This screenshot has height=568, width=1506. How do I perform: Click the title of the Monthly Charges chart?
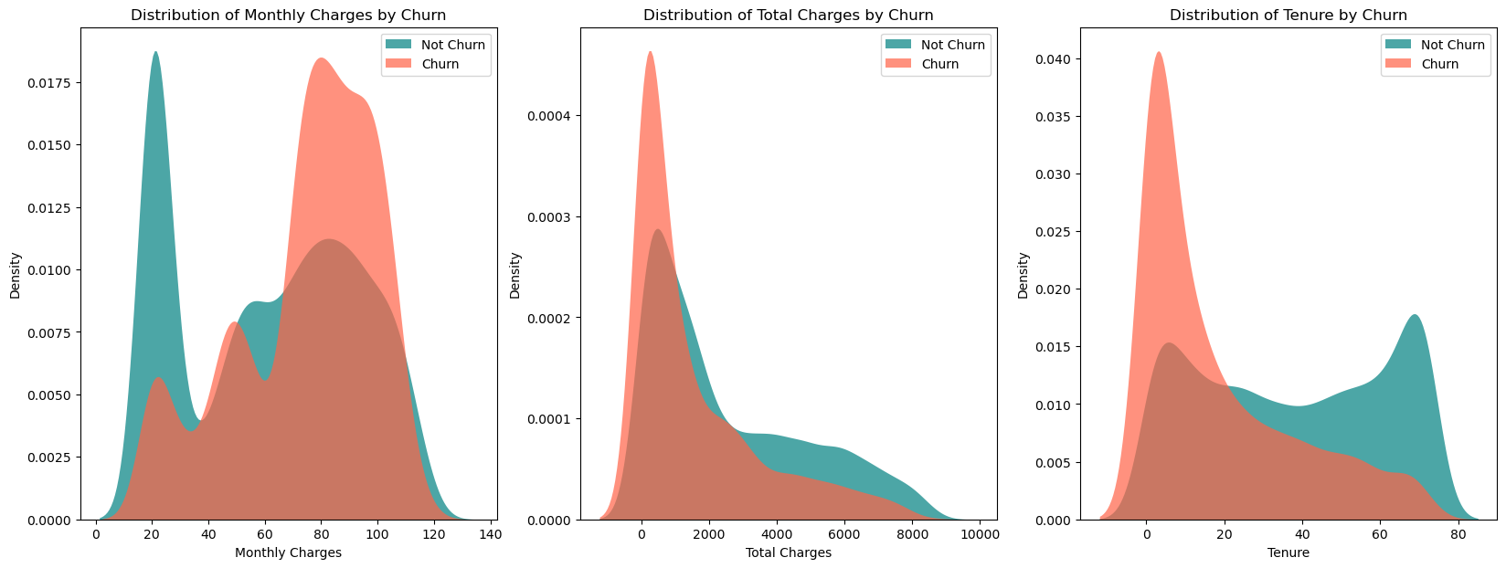pos(288,15)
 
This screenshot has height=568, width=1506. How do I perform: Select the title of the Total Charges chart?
pos(788,15)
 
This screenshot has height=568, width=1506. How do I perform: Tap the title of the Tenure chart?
pos(1288,15)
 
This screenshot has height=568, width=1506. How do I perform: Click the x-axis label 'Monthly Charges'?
pos(288,552)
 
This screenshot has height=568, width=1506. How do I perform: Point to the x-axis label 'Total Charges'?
pos(788,552)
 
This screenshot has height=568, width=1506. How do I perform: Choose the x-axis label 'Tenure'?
pos(1288,552)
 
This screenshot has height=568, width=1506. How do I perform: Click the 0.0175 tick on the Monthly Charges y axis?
pos(53,83)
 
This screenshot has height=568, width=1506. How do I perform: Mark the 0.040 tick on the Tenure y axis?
pos(1051,59)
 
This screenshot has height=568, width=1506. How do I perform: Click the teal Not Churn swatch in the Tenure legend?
pos(1398,45)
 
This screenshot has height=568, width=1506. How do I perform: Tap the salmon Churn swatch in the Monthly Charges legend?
pos(398,64)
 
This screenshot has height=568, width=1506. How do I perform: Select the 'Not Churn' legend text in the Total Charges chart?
pos(953,45)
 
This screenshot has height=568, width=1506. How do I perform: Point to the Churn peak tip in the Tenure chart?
pos(1158,52)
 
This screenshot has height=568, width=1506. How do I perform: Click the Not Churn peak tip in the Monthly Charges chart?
pos(155,52)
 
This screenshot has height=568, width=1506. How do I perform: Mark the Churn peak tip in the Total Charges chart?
pos(650,52)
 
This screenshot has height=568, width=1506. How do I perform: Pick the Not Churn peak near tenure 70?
pos(1415,315)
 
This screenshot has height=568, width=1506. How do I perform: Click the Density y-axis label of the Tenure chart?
pos(1023,275)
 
